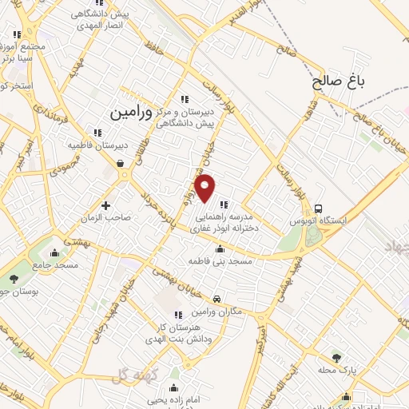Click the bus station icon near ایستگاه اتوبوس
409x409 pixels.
[320, 209]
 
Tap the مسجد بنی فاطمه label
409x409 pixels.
[220, 261]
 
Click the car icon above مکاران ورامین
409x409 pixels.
[217, 298]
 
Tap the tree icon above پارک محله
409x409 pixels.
[336, 358]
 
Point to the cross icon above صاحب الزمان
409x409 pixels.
[105, 205]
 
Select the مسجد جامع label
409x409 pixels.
[55, 264]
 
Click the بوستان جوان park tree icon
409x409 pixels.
[14, 278]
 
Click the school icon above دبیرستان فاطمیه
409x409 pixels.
[97, 133]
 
